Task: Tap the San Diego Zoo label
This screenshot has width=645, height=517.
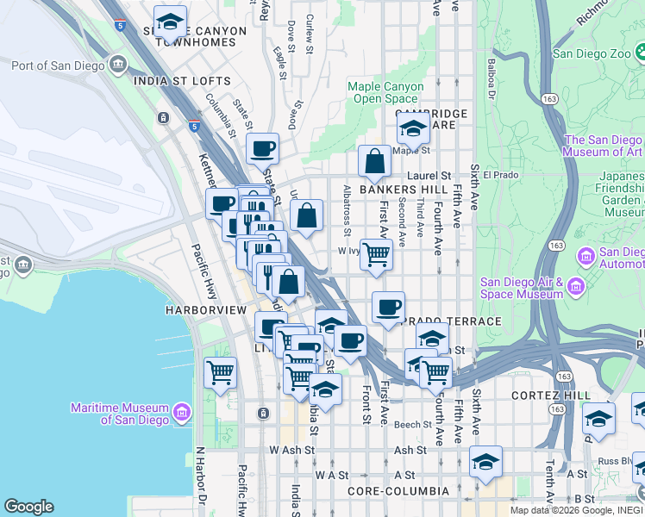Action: click(594, 53)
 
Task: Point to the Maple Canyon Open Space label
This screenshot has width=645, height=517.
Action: click(385, 92)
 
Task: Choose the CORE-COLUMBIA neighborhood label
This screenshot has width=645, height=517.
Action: click(398, 491)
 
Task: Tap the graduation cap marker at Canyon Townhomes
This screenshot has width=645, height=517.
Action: click(170, 21)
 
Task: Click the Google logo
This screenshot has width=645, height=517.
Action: click(28, 506)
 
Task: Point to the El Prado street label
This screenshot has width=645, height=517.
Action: click(498, 175)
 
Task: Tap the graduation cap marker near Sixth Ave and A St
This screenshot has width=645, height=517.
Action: click(485, 462)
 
